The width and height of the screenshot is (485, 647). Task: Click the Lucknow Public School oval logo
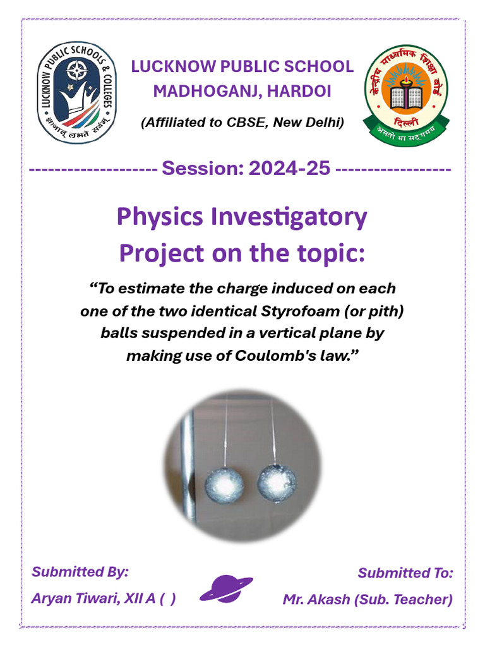[76, 92]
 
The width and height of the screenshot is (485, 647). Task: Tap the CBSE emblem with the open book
[406, 95]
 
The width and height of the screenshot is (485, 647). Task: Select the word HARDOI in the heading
[299, 91]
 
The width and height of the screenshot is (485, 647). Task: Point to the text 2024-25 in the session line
[289, 168]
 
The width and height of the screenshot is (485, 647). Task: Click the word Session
[203, 168]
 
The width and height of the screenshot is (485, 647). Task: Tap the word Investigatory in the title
[289, 217]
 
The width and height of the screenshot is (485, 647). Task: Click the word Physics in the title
[160, 217]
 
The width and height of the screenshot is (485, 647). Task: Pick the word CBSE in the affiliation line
[247, 123]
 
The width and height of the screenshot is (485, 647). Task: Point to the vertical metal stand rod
[188, 466]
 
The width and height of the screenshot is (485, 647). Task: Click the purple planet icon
[227, 589]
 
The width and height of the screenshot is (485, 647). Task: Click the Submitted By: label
[80, 572]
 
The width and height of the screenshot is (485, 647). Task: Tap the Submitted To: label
[405, 573]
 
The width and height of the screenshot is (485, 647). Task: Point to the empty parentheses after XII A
[167, 598]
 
